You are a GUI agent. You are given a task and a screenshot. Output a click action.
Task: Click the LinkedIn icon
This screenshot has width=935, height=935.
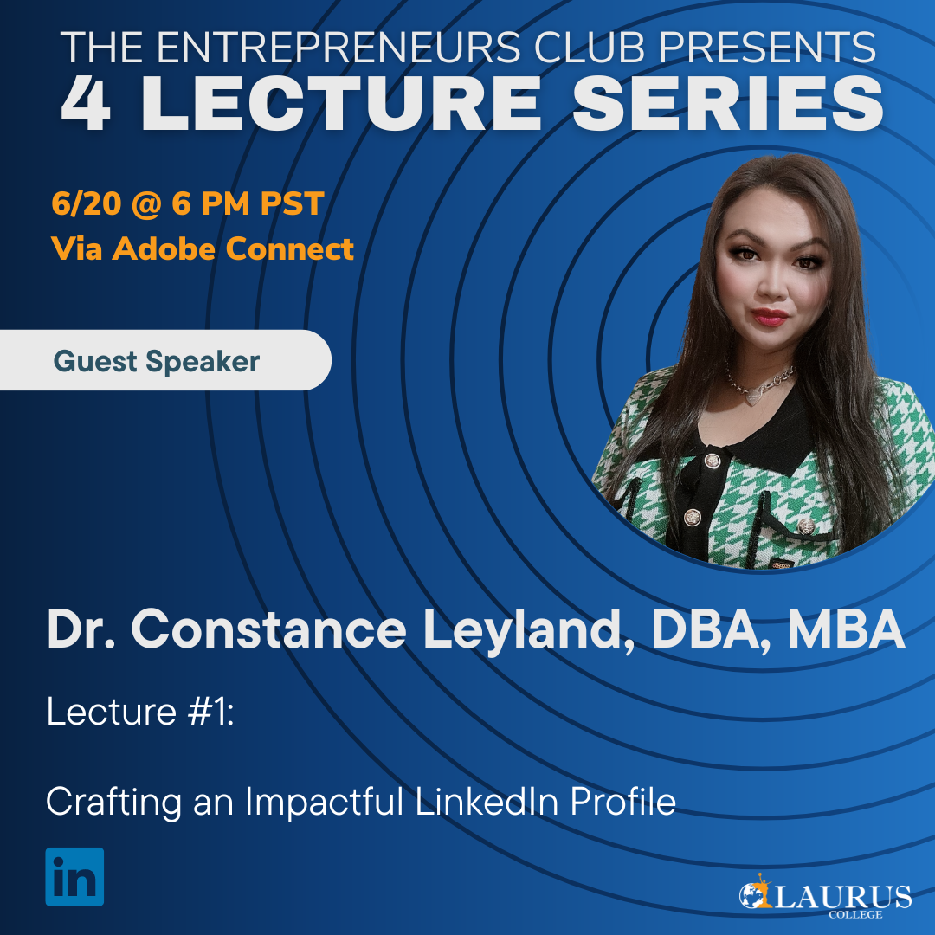74,876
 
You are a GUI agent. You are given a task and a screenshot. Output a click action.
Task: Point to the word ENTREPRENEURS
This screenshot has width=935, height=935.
339,47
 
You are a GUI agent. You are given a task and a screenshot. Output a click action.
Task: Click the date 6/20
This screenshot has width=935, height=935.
87,203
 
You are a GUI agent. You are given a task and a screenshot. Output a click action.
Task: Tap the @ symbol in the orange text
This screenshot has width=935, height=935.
146,204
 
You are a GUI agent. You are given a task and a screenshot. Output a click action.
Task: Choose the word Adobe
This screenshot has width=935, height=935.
164,248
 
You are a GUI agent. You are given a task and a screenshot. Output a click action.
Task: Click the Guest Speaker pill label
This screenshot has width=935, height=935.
157,361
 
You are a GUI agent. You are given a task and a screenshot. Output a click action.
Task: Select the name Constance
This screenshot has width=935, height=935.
268,629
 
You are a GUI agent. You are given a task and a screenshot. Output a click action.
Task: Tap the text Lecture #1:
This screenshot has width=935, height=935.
141,712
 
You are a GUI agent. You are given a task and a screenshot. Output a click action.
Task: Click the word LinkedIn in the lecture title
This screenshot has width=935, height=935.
487,801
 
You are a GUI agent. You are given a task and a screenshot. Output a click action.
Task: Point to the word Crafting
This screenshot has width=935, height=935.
114,802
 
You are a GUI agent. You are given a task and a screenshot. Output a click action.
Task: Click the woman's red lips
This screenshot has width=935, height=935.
770,317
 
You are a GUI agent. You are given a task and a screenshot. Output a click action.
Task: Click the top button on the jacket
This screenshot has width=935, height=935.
712,460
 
